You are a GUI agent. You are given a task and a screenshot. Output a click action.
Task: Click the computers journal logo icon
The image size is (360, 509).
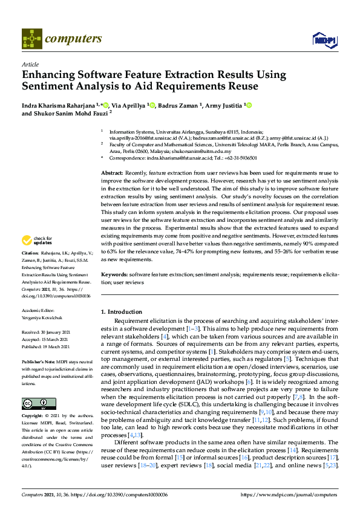[31, 39]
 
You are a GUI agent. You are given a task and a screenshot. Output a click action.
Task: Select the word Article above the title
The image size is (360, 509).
[29, 64]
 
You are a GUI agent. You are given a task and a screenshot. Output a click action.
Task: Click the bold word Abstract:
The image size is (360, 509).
[113, 173]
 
